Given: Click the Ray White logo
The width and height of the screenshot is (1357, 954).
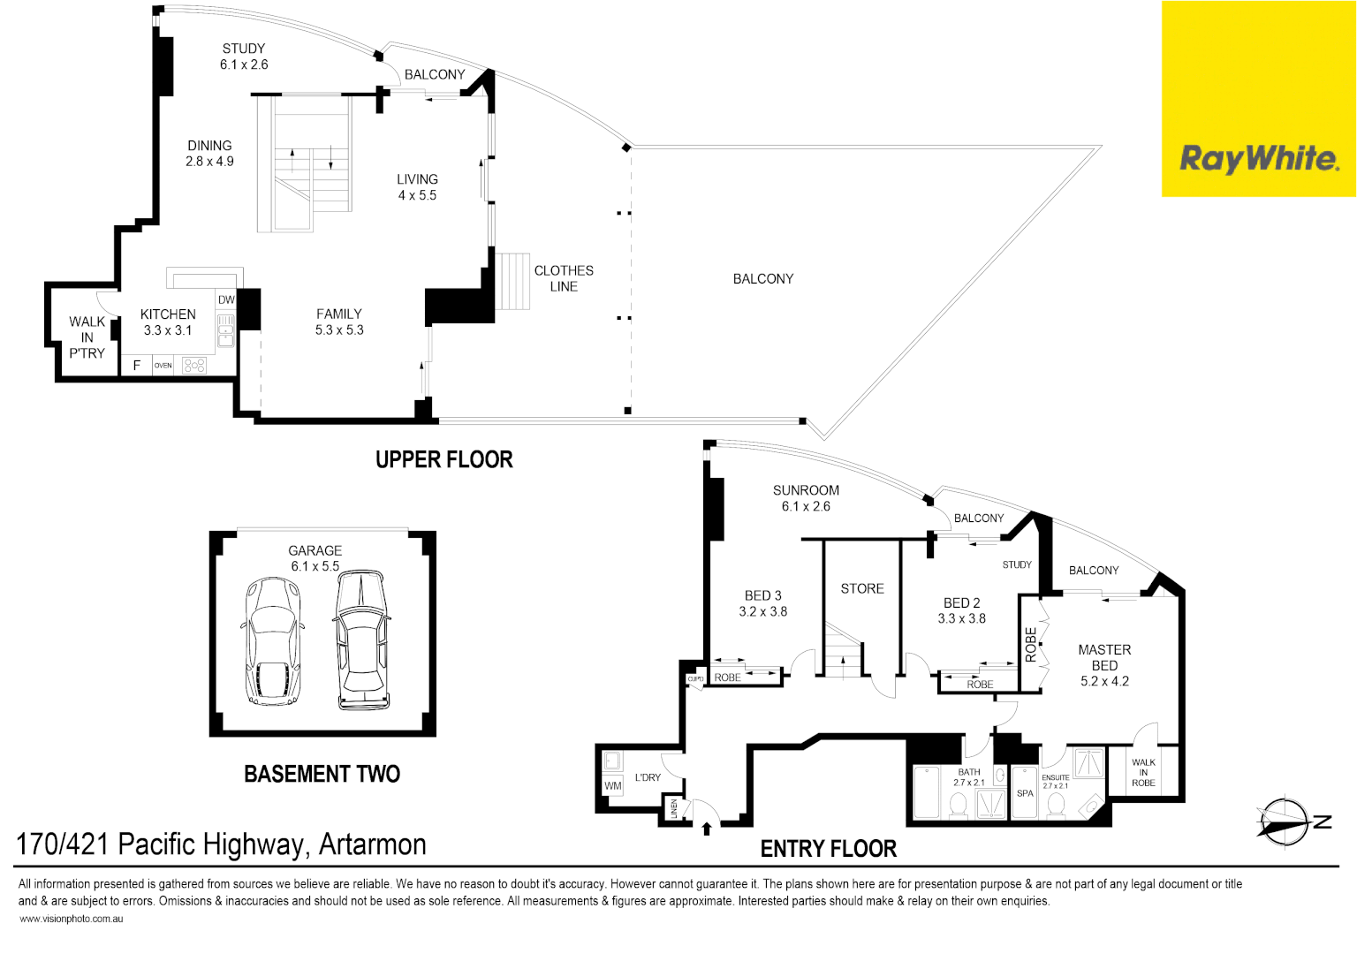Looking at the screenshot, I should point(1258,159).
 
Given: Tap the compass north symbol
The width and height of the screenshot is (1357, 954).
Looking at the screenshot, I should point(1287,822).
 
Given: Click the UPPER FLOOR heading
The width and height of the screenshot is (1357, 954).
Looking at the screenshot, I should point(443,459).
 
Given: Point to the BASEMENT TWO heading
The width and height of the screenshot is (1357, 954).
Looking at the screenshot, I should point(322,774).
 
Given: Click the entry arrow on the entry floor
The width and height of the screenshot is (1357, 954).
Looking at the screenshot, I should point(706,829).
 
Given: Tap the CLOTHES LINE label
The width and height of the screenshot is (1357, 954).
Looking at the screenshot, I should point(564,278).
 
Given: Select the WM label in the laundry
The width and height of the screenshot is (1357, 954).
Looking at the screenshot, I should point(612,785).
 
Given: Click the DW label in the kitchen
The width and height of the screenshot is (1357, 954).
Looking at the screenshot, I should point(226,299).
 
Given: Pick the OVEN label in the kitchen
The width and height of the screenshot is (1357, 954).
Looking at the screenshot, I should point(163,365).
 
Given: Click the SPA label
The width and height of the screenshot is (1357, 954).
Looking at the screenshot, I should point(1025,793).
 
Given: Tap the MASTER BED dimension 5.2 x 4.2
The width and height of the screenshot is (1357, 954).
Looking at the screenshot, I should point(1104,681).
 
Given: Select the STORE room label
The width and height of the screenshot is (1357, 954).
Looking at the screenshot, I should point(862,588).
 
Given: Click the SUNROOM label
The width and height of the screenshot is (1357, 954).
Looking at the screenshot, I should point(806,490).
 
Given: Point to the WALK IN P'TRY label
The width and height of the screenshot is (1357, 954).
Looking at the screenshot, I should point(87,337).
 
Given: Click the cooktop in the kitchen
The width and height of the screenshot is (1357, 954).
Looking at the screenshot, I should point(194,365).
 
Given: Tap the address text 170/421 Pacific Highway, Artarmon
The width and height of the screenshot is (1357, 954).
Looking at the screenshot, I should point(221,844).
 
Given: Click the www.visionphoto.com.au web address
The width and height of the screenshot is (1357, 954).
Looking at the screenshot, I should point(71,919).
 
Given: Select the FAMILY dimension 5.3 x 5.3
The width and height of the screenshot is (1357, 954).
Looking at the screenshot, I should point(339,329).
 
